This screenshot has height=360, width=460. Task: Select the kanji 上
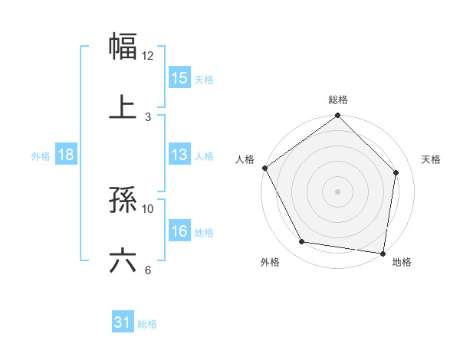(x=123, y=106)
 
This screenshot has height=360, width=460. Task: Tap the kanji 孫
(x=123, y=201)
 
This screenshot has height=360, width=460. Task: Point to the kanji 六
(x=123, y=260)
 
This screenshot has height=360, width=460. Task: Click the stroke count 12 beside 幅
(x=148, y=55)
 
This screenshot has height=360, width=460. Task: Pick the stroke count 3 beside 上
(x=148, y=116)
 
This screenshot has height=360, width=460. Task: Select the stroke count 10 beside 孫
(x=148, y=208)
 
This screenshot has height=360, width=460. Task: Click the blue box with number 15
(x=179, y=78)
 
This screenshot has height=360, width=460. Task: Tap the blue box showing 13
(x=179, y=155)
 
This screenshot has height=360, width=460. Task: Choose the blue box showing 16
(x=179, y=231)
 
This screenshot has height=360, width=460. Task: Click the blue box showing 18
(x=66, y=155)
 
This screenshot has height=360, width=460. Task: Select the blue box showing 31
(x=123, y=323)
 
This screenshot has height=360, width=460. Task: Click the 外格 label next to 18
(x=41, y=156)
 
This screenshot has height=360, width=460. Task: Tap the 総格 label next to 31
(x=147, y=324)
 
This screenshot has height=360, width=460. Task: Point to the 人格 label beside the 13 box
(x=204, y=156)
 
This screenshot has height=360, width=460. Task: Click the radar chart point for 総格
(x=337, y=116)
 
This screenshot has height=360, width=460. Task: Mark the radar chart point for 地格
(x=383, y=253)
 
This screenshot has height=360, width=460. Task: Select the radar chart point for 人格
(x=264, y=168)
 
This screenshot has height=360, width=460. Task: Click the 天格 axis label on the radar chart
(x=432, y=159)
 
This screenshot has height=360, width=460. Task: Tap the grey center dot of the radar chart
(x=337, y=191)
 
